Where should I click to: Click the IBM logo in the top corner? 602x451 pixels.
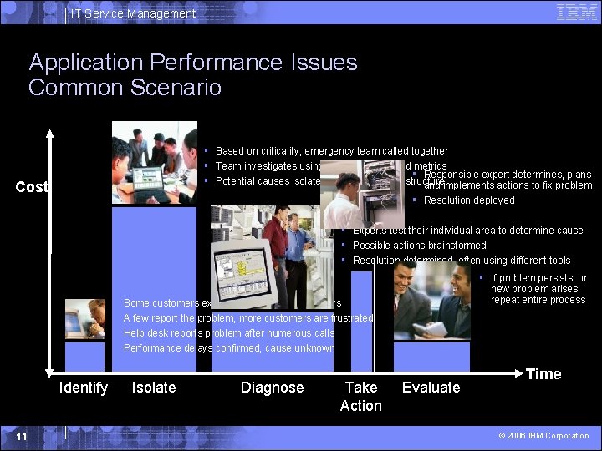click(x=576, y=12)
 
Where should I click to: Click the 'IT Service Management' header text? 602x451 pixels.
click(x=133, y=13)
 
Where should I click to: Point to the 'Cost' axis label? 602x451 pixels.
click(x=32, y=187)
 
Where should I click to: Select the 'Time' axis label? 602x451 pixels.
click(x=543, y=374)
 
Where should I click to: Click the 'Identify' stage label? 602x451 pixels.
click(x=84, y=388)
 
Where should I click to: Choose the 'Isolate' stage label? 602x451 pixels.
click(x=154, y=388)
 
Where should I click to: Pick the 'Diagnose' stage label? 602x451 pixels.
click(x=272, y=388)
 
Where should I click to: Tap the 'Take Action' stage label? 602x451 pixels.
click(x=360, y=397)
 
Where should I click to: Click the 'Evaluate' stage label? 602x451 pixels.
click(x=431, y=388)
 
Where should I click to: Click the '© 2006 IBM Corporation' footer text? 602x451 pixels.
click(x=544, y=436)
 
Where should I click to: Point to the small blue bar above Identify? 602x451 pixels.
click(x=84, y=357)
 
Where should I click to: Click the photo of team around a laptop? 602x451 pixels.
click(x=156, y=163)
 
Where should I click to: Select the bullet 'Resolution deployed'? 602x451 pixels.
click(x=468, y=200)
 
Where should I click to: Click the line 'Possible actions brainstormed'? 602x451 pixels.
click(x=419, y=246)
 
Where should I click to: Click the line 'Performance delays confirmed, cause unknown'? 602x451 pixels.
click(x=229, y=348)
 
